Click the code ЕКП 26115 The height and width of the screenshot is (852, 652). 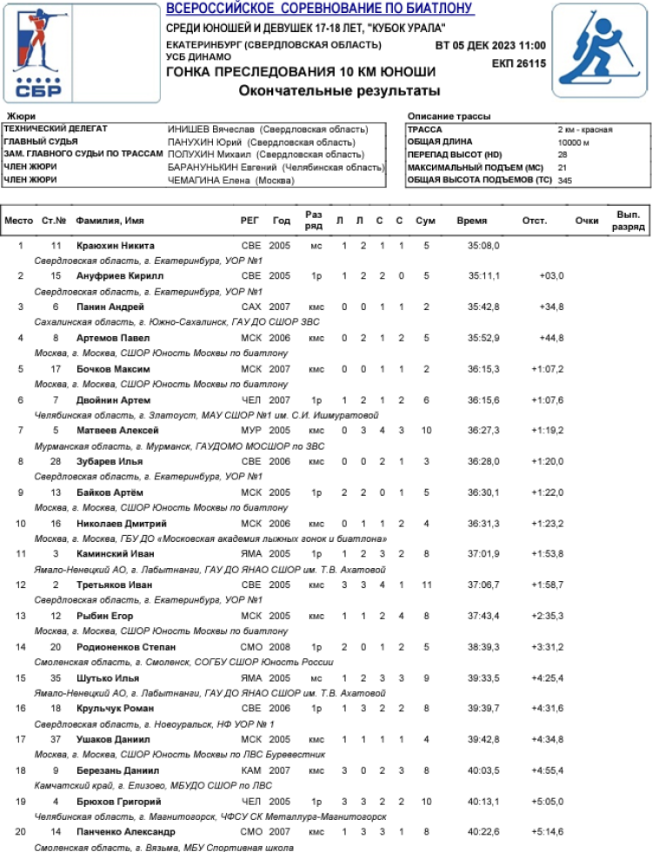tap(518, 63)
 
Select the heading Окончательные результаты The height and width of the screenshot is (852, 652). tap(340, 89)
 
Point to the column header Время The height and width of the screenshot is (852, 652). tap(472, 221)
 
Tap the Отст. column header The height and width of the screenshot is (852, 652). tap(534, 221)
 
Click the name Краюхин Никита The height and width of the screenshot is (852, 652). tap(115, 246)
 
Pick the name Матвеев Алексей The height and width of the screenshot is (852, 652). tap(117, 431)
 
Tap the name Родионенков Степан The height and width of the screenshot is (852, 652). tap(127, 647)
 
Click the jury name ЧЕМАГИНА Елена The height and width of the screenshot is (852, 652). tap(230, 181)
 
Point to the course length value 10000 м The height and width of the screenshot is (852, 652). tap(574, 142)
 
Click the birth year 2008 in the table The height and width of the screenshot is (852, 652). tap(280, 647)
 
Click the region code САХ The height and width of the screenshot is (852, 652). tap(250, 307)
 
